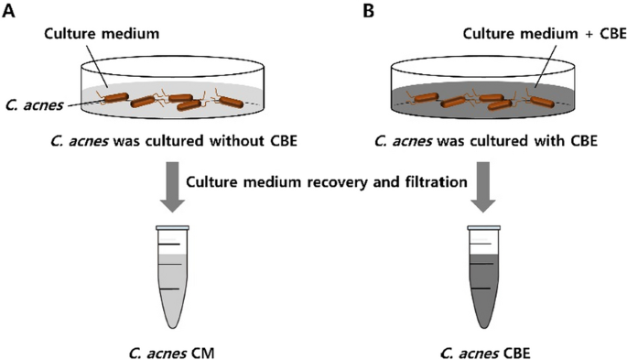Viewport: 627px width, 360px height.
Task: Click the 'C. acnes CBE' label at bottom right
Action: point(483,348)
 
